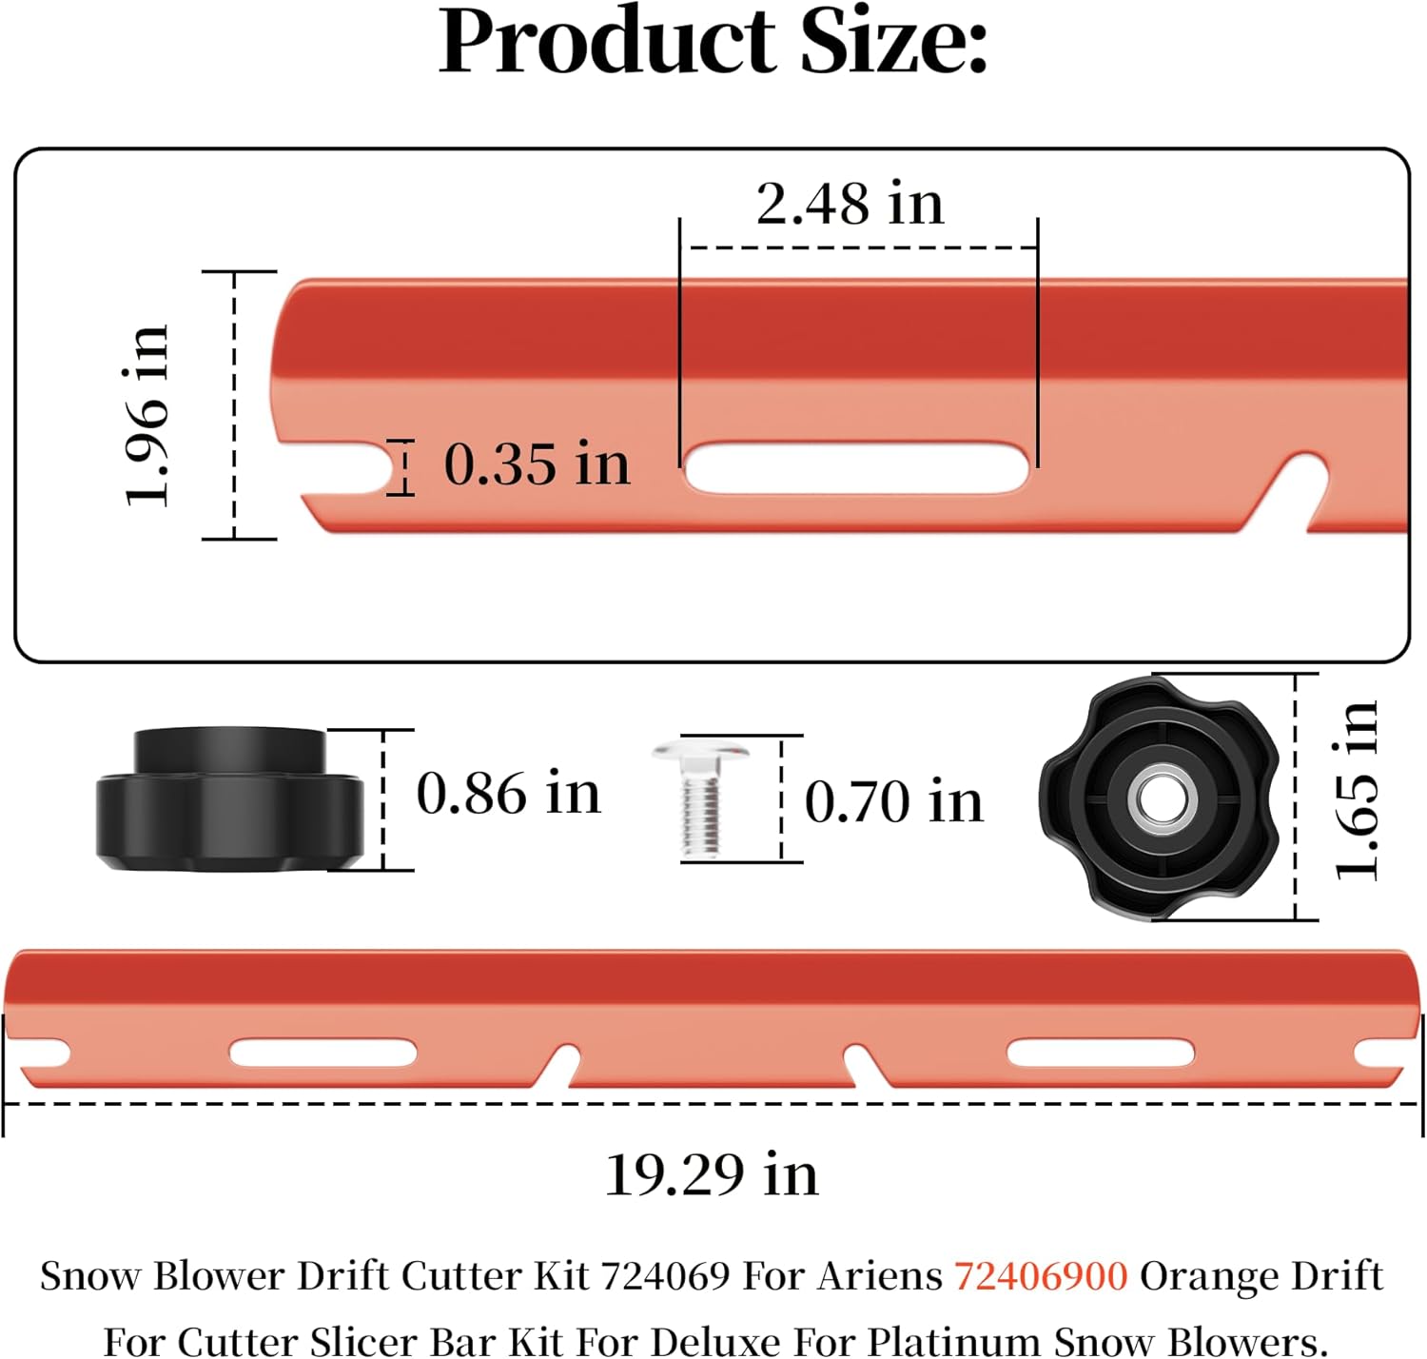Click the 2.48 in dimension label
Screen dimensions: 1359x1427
pos(850,204)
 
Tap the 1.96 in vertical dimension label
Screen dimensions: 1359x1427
pos(147,414)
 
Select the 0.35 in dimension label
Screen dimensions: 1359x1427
pos(537,464)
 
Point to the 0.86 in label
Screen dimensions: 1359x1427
pos(509,793)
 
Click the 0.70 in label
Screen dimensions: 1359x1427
pos(893,800)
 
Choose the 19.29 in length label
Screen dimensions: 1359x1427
pos(712,1174)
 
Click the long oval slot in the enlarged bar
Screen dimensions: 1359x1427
pos(855,468)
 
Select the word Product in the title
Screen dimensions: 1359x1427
pos(607,42)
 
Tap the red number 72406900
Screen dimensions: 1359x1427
pos(1041,1275)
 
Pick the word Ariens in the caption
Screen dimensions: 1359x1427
pos(878,1275)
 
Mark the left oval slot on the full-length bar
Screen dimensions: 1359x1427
pos(323,1054)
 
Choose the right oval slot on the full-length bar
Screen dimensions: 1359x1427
pos(1100,1054)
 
